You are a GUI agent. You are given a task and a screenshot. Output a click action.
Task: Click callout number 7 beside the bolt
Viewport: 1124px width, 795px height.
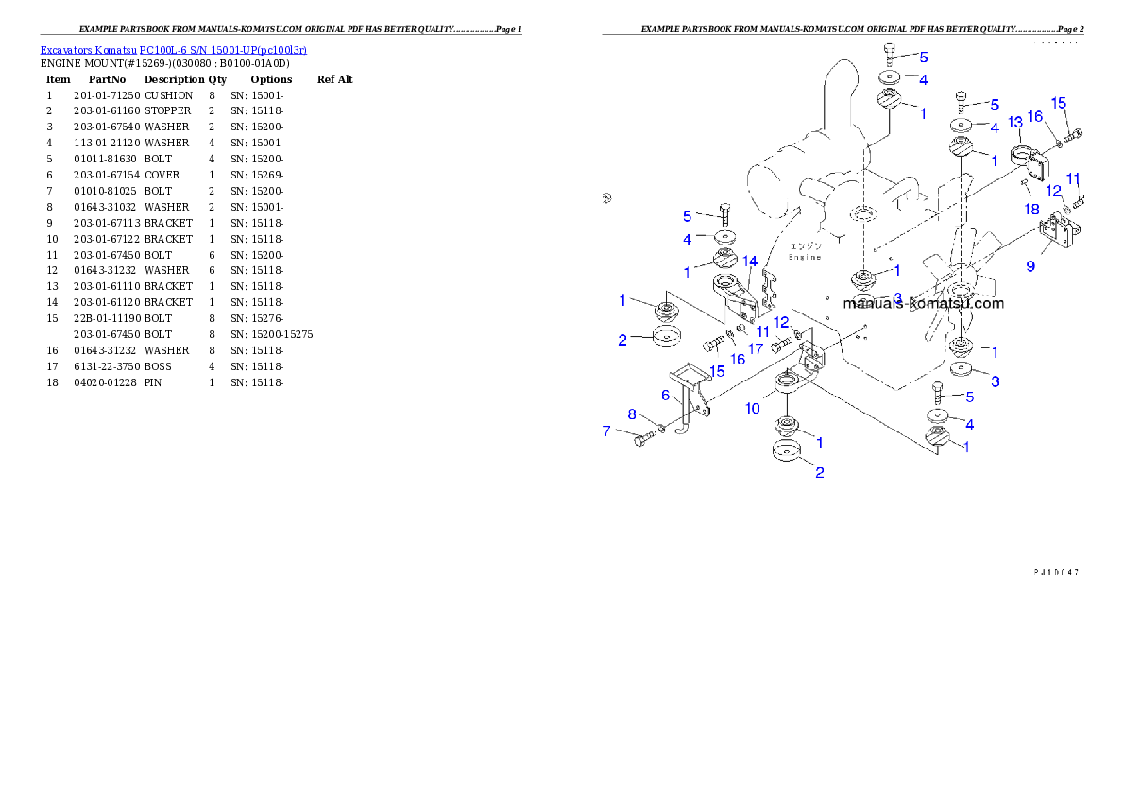[x=606, y=431]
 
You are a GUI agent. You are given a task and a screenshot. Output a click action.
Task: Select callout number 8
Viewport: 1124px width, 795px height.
[x=632, y=414]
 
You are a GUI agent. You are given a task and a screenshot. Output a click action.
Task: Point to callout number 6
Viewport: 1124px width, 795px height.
[x=665, y=396]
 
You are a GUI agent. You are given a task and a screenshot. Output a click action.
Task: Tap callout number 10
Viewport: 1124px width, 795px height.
[x=753, y=409]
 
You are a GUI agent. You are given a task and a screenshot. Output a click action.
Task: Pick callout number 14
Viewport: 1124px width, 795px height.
[x=749, y=261]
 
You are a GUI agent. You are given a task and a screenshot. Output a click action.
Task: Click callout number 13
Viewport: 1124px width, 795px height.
[x=1015, y=122]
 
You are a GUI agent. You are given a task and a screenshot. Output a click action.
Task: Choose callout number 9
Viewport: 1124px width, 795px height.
[x=1030, y=266]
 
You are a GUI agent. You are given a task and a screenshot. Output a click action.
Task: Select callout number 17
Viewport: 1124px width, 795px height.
[x=756, y=348]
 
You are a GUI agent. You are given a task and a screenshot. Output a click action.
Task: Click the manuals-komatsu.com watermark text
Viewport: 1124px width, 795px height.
[x=923, y=303]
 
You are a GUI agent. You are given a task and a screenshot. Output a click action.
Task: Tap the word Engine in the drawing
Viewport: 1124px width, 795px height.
[x=806, y=257]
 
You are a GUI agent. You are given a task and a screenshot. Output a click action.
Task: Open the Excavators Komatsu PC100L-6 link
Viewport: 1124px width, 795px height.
[x=173, y=50]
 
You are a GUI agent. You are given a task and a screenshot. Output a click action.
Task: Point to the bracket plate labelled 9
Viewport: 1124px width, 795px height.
[x=1057, y=233]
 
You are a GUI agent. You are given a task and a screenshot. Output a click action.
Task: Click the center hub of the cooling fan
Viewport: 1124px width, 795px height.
[x=962, y=283]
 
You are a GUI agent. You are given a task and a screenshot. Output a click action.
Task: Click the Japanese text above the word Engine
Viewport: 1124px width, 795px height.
[x=806, y=245]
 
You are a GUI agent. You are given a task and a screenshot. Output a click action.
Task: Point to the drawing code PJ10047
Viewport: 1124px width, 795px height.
[x=1056, y=572]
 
